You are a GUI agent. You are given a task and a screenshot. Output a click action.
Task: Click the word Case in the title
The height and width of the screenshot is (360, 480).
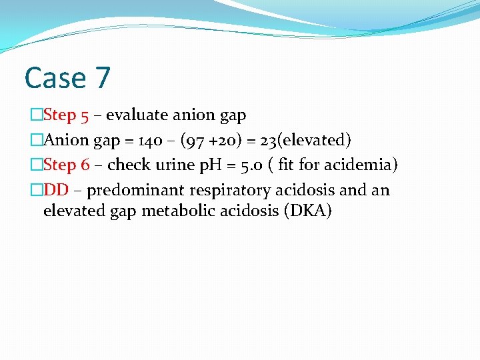pos(53,78)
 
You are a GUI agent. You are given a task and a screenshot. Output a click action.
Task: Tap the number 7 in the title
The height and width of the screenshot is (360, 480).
pos(102,78)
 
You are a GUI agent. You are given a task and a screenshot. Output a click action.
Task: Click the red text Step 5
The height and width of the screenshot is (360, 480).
pos(66,115)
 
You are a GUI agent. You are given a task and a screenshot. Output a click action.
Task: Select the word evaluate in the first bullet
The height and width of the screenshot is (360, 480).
pos(137,115)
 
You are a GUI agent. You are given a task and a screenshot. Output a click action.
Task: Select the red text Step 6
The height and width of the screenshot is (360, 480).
pos(66,165)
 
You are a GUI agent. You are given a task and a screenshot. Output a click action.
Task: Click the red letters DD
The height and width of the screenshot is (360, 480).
pos(56,191)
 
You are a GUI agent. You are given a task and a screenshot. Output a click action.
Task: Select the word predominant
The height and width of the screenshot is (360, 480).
pos(135,191)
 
